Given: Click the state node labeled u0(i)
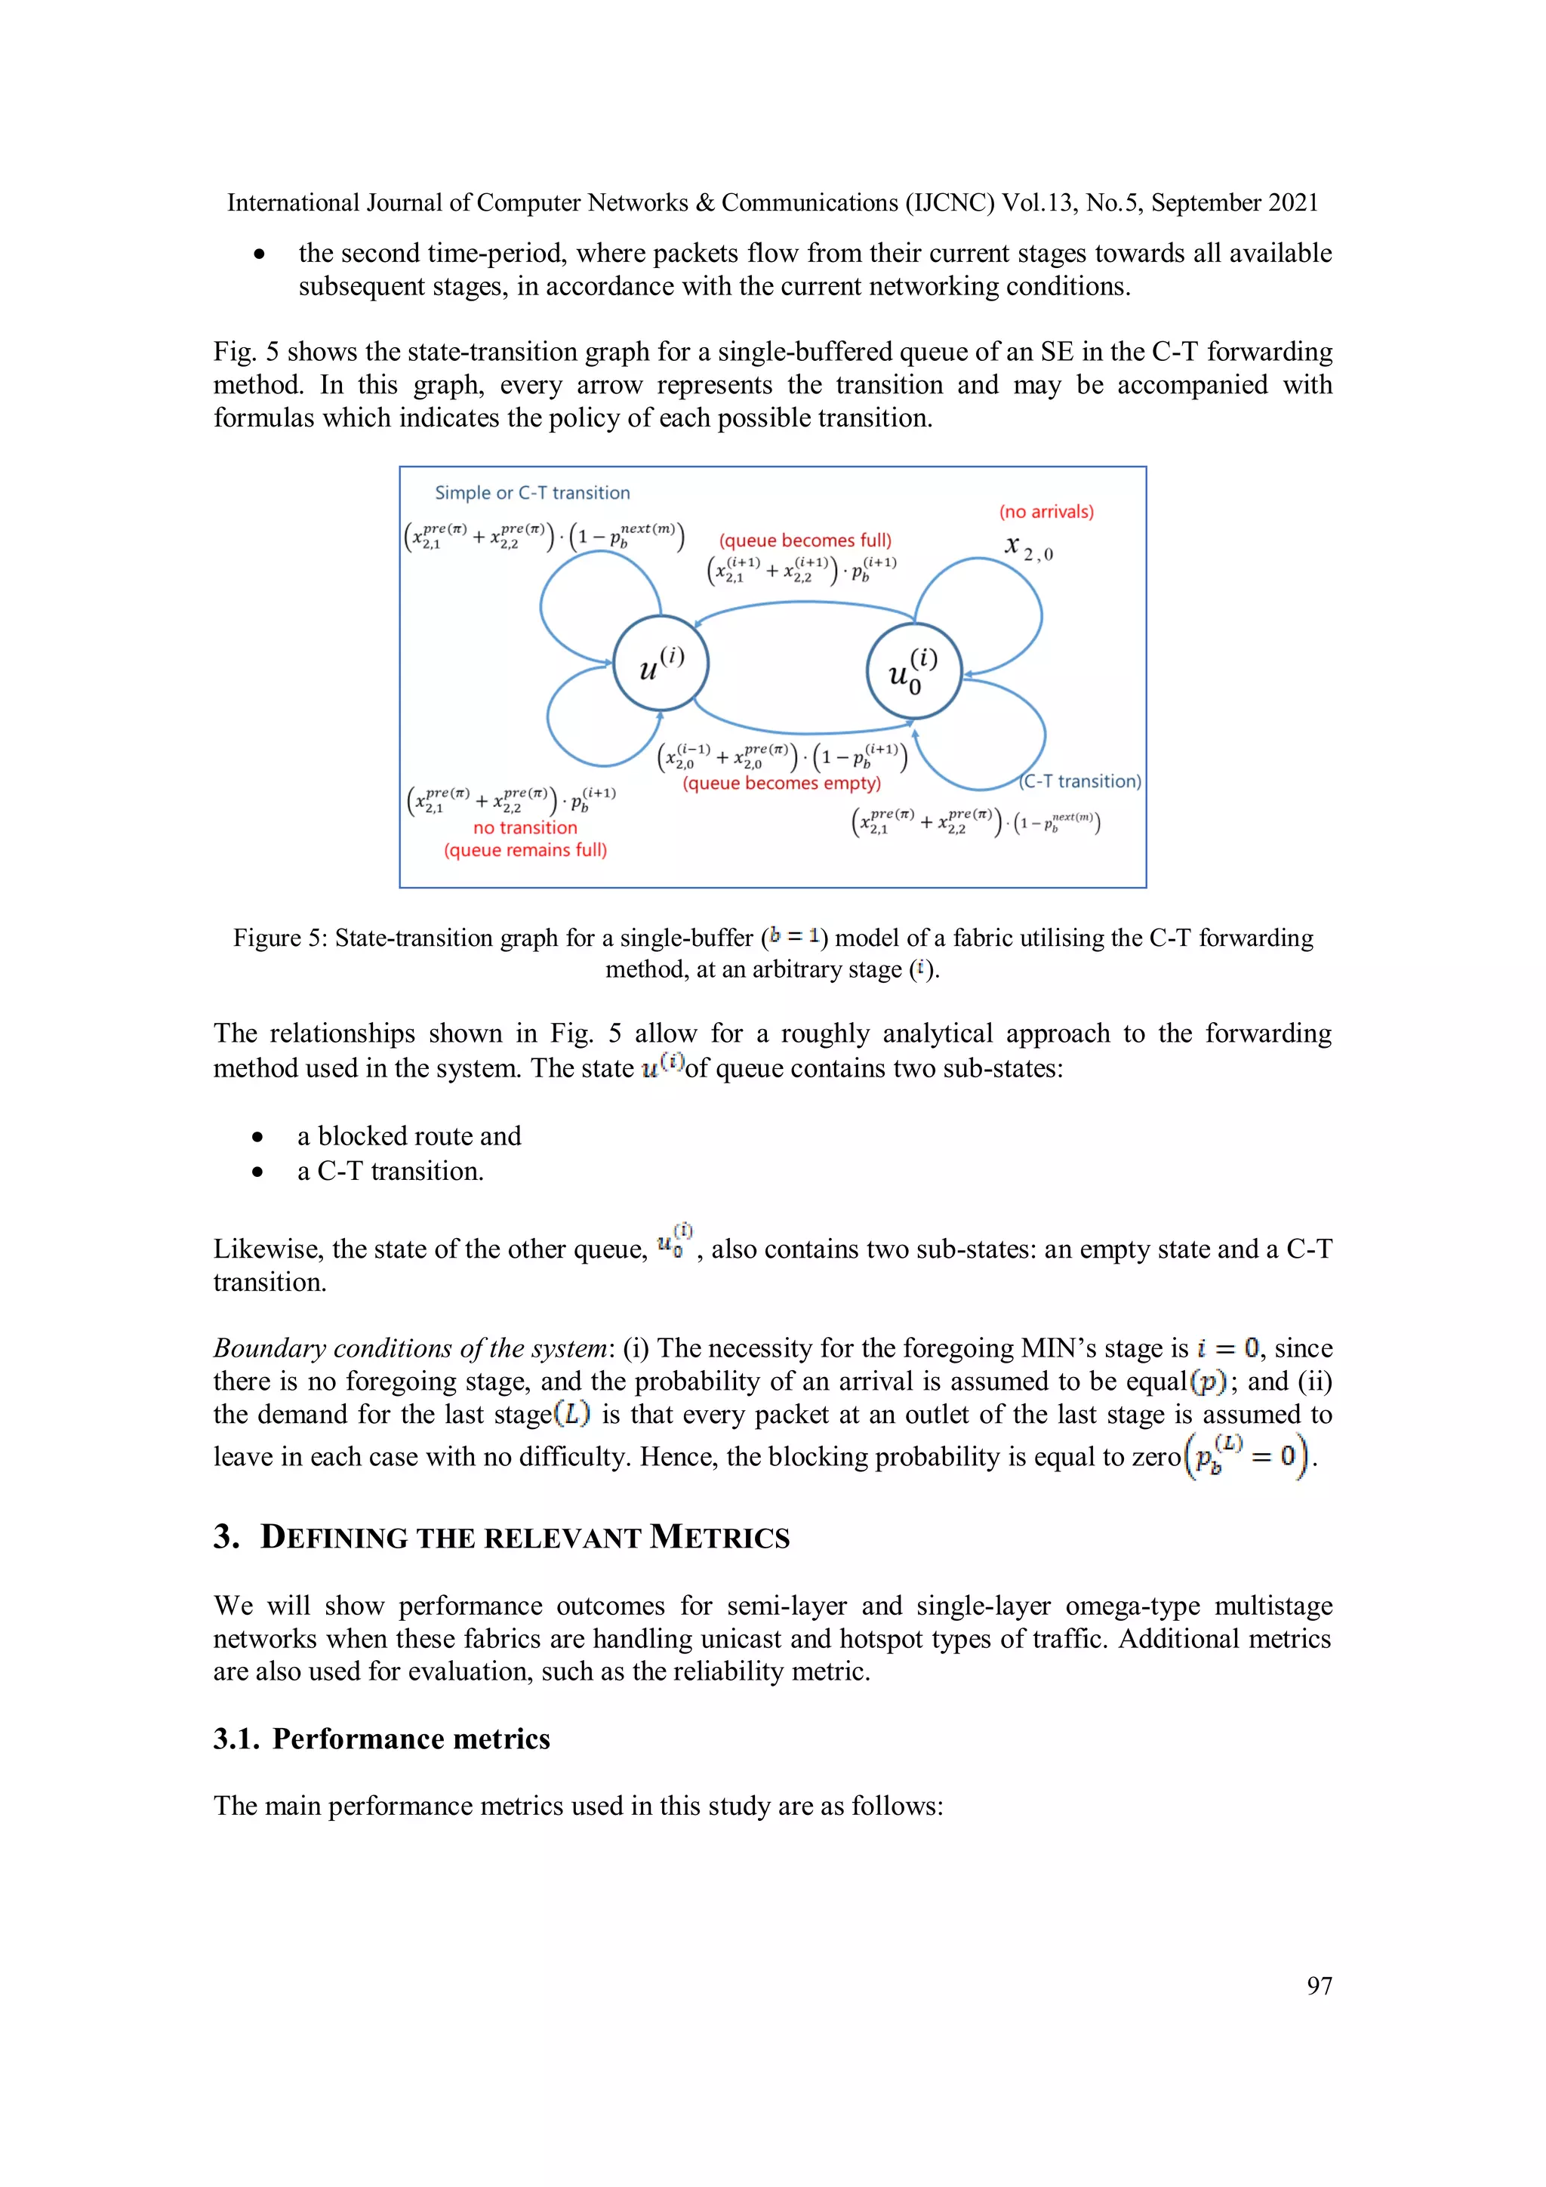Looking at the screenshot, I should (x=913, y=670).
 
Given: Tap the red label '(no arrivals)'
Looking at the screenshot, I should (x=1046, y=512).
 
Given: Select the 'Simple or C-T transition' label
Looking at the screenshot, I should (x=531, y=492).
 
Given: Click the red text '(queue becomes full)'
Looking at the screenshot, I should (x=805, y=540).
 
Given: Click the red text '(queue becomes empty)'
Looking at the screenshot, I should (x=781, y=783).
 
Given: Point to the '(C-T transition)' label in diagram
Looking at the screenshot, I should (x=1080, y=781).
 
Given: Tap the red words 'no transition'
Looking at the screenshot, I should (x=525, y=827).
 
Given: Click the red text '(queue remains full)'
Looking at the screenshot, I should (x=525, y=849).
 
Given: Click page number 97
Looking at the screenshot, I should (x=1318, y=1985).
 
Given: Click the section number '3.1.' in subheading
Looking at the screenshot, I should (x=236, y=1739).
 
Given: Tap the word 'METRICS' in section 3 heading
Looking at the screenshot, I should (x=719, y=1537).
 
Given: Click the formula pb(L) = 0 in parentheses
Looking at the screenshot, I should (x=1248, y=1455).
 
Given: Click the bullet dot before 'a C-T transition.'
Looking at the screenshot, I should (x=257, y=1172).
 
